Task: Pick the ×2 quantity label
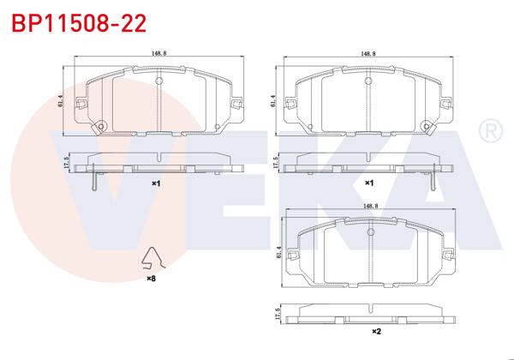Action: [376, 331]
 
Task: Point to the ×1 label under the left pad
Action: [156, 183]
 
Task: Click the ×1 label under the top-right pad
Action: [369, 183]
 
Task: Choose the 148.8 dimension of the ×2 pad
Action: [370, 206]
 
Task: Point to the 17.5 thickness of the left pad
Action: [63, 162]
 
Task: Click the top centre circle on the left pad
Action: [158, 79]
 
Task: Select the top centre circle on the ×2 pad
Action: [370, 232]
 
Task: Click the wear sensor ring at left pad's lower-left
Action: [100, 129]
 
